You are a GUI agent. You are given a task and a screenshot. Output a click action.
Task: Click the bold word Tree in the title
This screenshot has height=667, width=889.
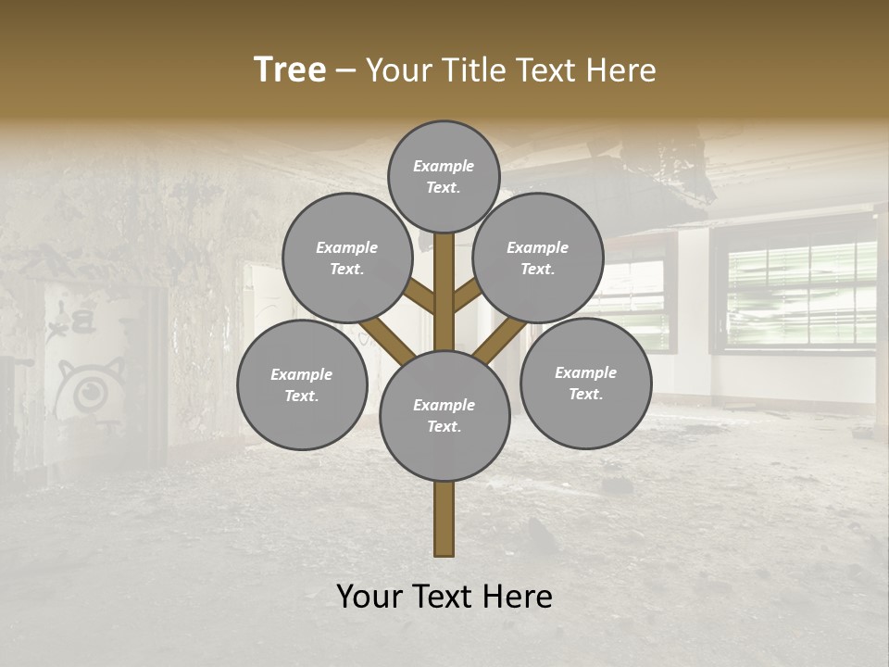[290, 70]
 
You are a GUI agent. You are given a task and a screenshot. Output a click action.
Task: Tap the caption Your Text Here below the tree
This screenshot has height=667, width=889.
[444, 597]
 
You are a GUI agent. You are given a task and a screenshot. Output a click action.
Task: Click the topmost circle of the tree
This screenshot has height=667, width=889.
[444, 176]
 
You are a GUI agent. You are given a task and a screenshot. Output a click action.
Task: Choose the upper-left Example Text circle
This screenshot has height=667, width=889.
[347, 258]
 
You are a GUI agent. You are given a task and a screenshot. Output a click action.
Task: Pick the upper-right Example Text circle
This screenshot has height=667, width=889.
[538, 258]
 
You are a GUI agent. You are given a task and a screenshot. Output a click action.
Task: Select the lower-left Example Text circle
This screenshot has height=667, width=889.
[302, 384]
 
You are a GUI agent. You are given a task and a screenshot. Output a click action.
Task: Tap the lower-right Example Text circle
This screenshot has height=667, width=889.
[585, 383]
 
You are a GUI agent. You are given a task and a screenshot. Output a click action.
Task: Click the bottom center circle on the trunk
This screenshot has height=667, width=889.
[444, 415]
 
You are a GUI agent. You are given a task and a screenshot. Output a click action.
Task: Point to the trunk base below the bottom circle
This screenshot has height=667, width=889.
[444, 519]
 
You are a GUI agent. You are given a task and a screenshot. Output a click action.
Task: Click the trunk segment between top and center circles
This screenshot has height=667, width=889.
[444, 292]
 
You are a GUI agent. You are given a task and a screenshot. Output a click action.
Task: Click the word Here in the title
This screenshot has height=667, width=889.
[621, 70]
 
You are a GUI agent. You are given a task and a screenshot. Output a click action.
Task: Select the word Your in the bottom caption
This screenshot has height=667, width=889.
[370, 597]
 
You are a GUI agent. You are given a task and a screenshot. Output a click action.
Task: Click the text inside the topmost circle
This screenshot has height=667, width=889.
[444, 176]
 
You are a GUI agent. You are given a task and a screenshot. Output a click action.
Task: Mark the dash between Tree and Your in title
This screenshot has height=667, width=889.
[345, 70]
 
